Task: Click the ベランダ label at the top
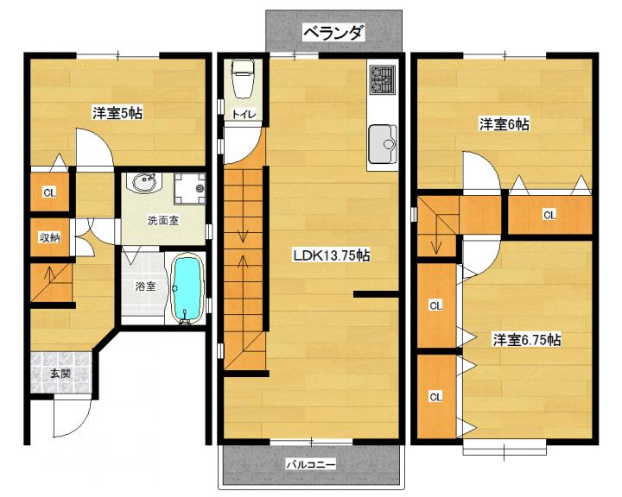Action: tap(333, 33)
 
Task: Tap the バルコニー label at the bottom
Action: tap(311, 463)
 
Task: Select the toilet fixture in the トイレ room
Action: tap(243, 79)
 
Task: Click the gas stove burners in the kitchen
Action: tap(383, 80)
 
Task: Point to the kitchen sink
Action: tap(383, 145)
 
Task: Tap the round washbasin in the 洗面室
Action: tap(144, 184)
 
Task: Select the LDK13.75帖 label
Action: tap(331, 255)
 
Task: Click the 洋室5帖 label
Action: tap(117, 113)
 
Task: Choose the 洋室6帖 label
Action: tap(505, 124)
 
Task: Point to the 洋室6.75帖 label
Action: tap(527, 340)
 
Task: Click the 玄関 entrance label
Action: tap(60, 374)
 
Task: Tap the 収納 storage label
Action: tap(49, 238)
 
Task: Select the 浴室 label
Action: tap(145, 286)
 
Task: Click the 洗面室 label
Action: tap(163, 221)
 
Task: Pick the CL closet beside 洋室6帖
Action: tap(549, 215)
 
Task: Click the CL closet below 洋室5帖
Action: tap(49, 193)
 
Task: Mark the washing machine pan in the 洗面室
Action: tap(190, 188)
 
